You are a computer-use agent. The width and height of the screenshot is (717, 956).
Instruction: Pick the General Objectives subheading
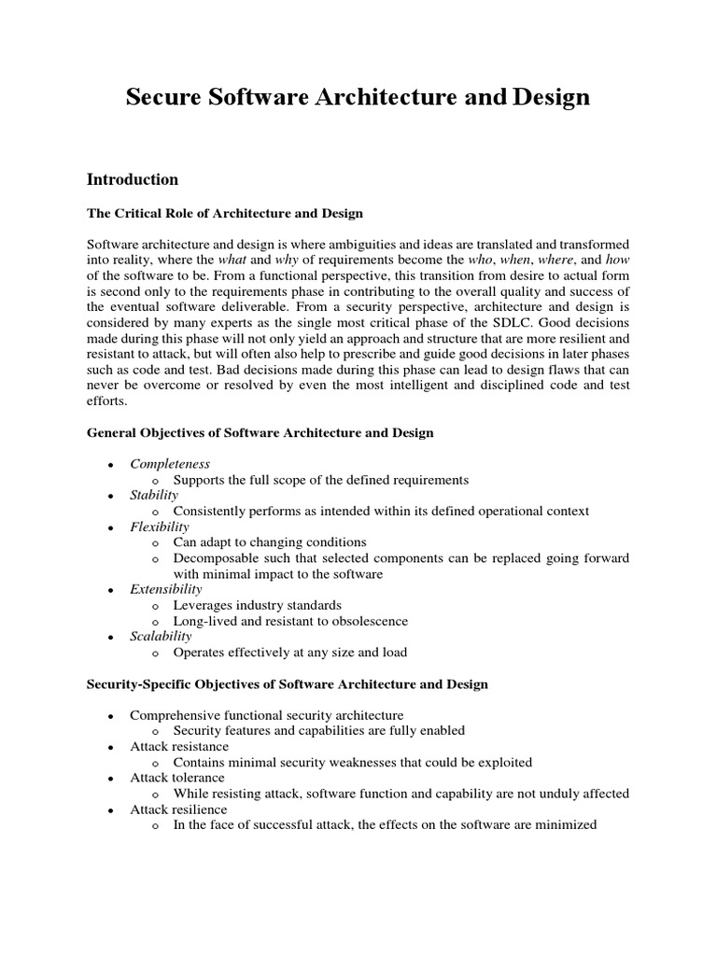260,433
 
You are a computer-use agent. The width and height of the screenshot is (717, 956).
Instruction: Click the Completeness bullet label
170,464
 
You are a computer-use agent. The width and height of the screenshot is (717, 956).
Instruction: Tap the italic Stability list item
154,496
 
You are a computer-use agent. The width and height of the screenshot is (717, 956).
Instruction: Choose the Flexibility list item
160,527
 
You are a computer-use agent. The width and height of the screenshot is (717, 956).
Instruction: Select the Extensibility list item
165,589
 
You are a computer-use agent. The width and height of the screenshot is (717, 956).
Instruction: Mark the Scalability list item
161,637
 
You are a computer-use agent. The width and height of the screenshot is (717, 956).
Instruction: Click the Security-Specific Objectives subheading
288,684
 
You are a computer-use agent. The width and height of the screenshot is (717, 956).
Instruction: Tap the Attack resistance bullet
179,747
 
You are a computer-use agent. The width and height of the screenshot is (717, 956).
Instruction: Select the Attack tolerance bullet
177,778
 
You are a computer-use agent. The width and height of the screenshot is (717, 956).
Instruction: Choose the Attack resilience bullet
178,809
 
